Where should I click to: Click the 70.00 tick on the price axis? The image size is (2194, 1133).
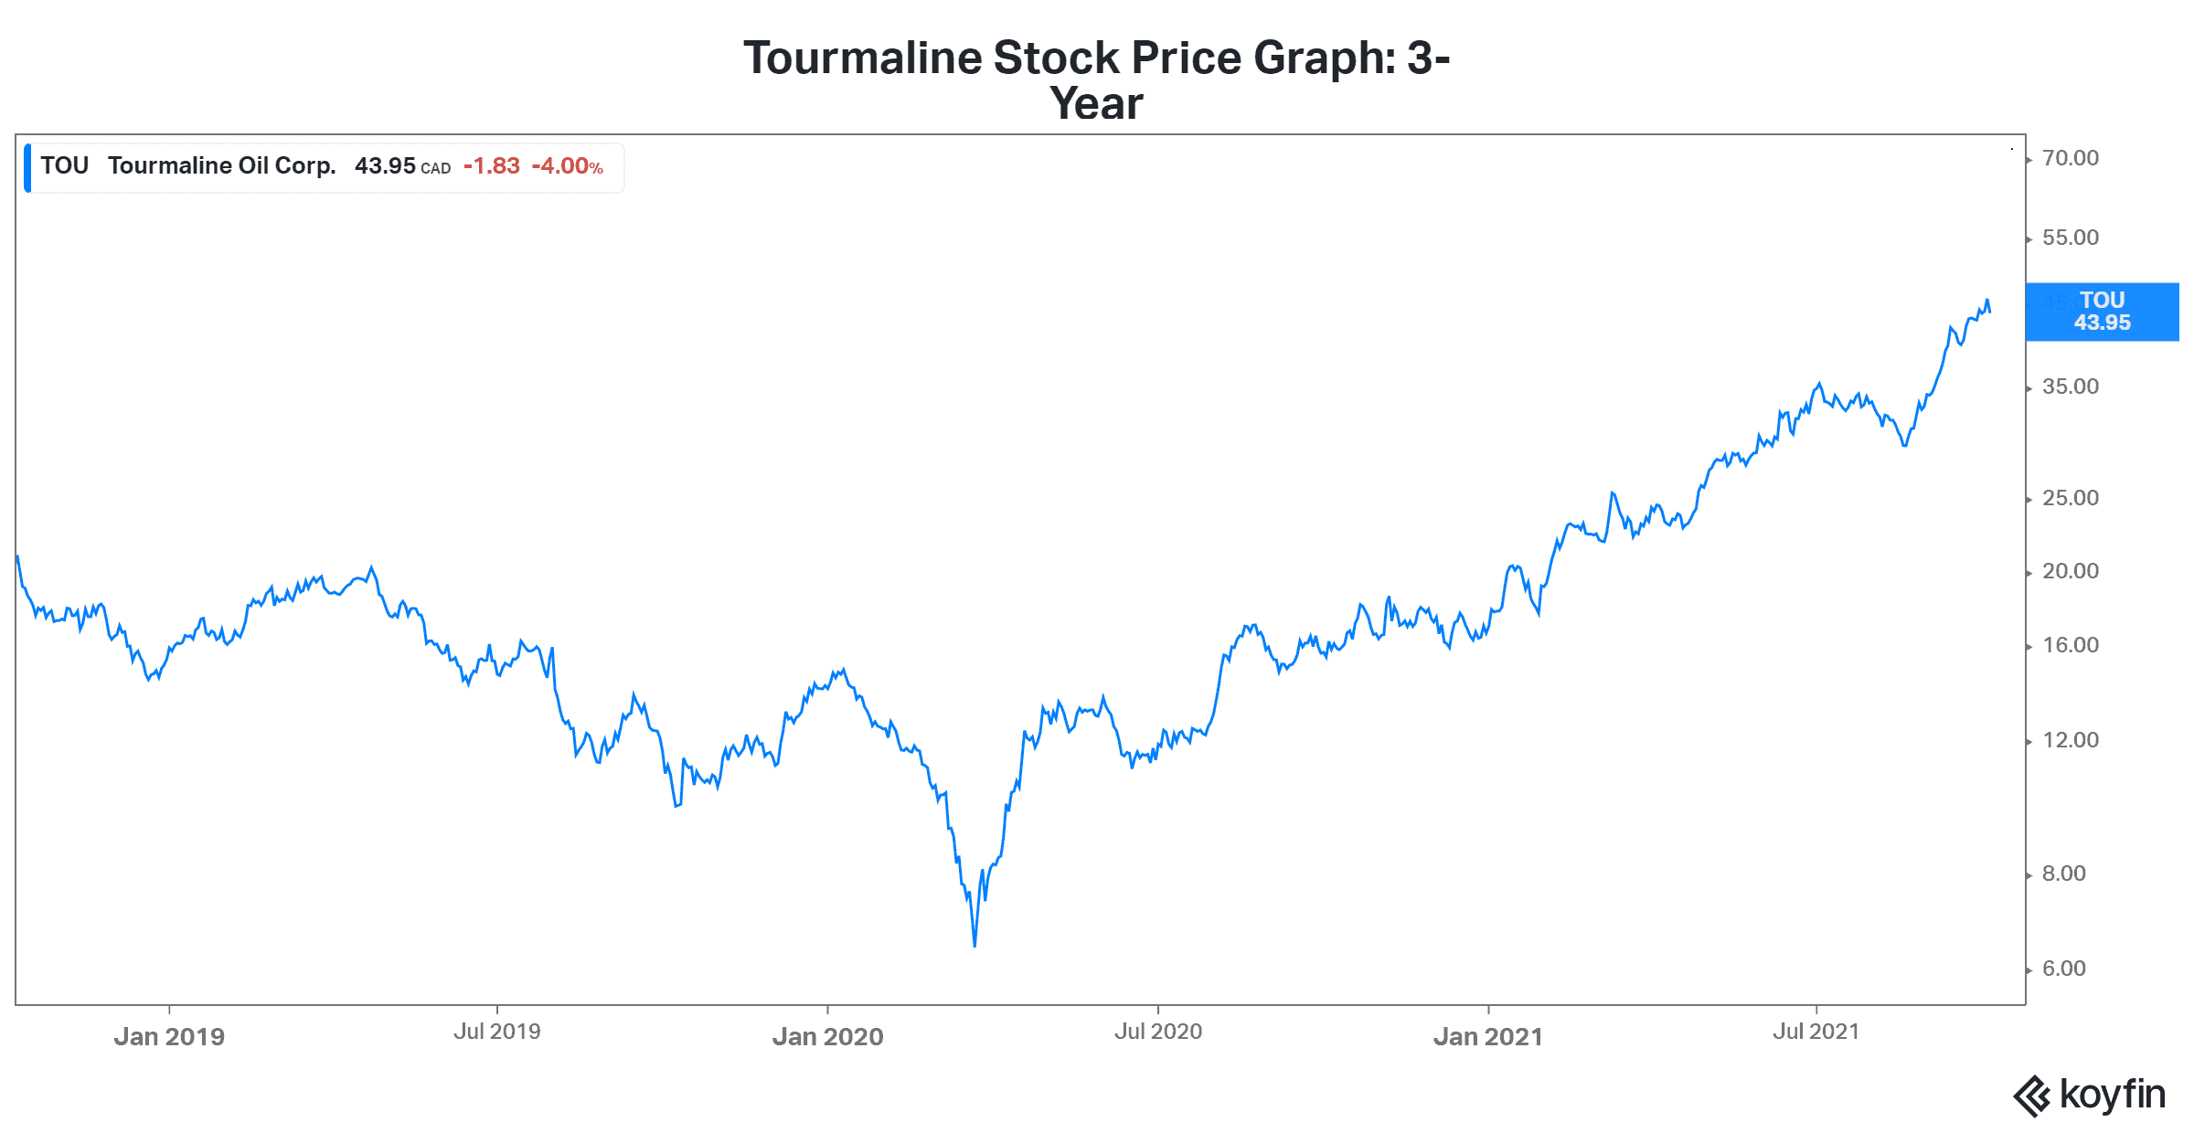2071,158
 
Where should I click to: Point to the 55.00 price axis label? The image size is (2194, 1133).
2071,238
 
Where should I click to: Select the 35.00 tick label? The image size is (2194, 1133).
2071,386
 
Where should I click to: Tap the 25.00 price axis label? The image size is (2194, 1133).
2071,498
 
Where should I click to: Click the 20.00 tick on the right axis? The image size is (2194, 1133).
2071,571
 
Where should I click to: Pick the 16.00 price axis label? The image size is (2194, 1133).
2071,645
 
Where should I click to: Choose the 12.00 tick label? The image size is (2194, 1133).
2071,740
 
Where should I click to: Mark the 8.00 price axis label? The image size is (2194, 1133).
2064,874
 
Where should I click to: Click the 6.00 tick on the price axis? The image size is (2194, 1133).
2064,969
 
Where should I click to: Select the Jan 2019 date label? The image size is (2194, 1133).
169,1036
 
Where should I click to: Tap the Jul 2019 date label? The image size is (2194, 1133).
497,1032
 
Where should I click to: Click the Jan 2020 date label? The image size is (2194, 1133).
827,1036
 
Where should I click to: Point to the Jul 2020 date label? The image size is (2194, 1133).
1158,1032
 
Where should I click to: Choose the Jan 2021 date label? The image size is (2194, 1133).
1488,1036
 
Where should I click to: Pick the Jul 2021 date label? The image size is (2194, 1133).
1816,1032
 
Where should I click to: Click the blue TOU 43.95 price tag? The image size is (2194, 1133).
2102,312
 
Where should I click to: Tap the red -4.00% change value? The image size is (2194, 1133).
567,166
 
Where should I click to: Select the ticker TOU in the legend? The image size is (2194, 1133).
64,165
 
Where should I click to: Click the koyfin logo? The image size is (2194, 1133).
2090,1095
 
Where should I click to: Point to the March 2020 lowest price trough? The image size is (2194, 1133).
975,945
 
